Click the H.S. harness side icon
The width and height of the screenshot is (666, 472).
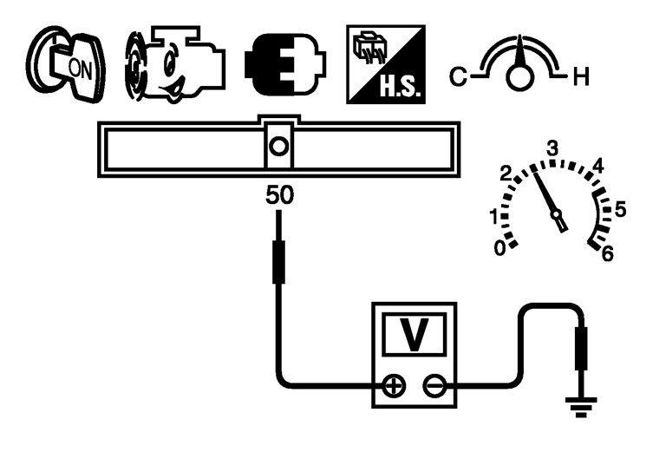tap(385, 66)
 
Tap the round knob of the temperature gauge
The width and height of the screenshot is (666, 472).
tap(519, 77)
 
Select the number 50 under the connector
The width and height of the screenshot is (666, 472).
tap(278, 195)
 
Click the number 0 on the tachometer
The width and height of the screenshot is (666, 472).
tap(499, 248)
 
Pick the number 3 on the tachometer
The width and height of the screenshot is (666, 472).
tap(551, 148)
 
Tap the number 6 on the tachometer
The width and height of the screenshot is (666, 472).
tap(607, 253)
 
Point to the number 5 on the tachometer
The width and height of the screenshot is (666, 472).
tap(619, 208)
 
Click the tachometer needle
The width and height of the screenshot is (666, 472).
tap(549, 198)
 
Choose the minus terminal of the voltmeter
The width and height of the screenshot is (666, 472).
tap(434, 385)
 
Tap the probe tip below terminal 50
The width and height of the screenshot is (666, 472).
tap(278, 263)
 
